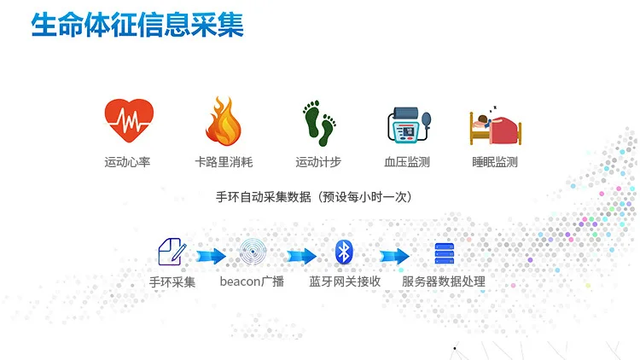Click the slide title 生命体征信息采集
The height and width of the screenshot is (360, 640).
pos(137,25)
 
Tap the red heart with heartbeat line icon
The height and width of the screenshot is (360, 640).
pos(129,120)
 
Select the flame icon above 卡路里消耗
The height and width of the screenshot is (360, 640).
pos(224,121)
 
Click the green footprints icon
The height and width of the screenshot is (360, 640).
pos(319,123)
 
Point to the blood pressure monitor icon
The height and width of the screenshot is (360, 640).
pos(409,125)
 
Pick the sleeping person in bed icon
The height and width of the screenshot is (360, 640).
pos(496,125)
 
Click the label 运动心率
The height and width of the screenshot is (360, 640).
pos(127,162)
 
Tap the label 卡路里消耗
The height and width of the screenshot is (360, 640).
pos(224,162)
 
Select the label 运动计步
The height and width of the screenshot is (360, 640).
pos(318,162)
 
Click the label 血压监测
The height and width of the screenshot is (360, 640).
pos(407,162)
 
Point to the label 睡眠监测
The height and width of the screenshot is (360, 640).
pos(495,162)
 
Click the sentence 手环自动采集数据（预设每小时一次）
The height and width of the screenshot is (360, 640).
pos(313,197)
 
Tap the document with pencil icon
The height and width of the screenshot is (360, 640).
pos(172,252)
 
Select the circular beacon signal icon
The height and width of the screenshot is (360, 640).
pos(253,252)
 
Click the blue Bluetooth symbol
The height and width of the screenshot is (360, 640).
pos(344,252)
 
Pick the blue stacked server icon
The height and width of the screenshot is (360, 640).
pos(444,253)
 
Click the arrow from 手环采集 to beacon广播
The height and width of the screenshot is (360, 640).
pos(211,256)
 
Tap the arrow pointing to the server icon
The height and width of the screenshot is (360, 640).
pos(394,256)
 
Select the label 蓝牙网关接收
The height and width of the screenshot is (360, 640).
pos(345,282)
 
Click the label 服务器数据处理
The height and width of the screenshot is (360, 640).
pos(444,282)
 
